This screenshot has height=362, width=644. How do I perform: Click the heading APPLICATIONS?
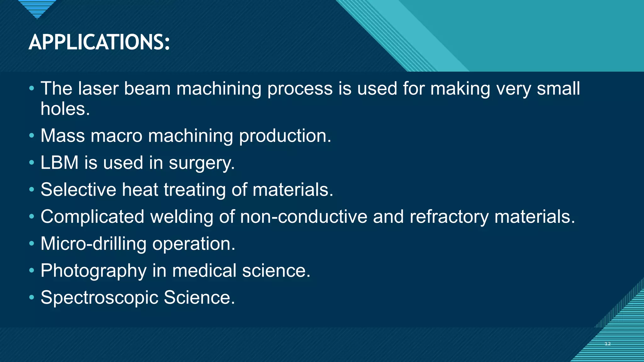pyautogui.click(x=99, y=42)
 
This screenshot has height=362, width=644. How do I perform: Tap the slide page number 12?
pyautogui.click(x=608, y=344)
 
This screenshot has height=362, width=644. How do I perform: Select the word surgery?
pyautogui.click(x=201, y=163)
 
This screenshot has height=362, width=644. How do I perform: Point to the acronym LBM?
pyautogui.click(x=59, y=163)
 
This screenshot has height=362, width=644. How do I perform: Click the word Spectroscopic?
pyautogui.click(x=99, y=297)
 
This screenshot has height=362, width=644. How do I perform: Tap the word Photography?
pyautogui.click(x=93, y=271)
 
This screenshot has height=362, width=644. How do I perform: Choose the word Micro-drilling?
pyautogui.click(x=93, y=244)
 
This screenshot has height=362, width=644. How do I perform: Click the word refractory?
pyautogui.click(x=449, y=217)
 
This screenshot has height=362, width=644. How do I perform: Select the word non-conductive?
pyautogui.click(x=303, y=217)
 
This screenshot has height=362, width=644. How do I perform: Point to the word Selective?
pyautogui.click(x=78, y=190)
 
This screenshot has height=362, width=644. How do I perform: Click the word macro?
pyautogui.click(x=116, y=136)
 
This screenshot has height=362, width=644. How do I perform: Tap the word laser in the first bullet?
pyautogui.click(x=98, y=88)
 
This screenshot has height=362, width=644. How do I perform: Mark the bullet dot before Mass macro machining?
pyautogui.click(x=31, y=136)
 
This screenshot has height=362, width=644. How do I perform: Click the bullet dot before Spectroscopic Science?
pyautogui.click(x=31, y=297)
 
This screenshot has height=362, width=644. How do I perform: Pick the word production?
pyautogui.click(x=285, y=136)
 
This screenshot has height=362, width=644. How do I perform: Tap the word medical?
pyautogui.click(x=204, y=271)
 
